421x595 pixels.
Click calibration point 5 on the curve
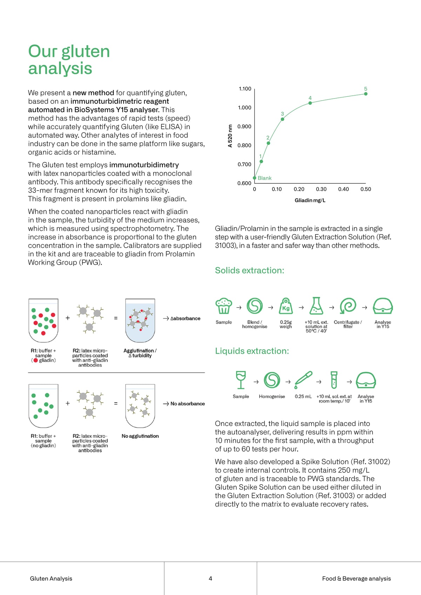click(366, 94)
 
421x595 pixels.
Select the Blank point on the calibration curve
click(255, 178)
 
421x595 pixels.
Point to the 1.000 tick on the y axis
click(244, 108)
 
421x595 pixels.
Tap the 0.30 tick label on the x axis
click(321, 189)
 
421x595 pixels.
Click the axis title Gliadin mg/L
click(310, 200)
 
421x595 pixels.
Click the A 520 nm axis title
click(230, 136)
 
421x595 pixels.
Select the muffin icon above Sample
click(224, 306)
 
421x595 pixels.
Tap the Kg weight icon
click(286, 306)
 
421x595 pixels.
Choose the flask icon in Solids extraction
click(316, 306)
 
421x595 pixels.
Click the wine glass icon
click(241, 380)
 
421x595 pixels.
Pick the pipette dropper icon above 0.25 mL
click(303, 380)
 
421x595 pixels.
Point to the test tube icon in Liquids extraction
click(334, 380)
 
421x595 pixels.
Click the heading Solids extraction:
click(249, 270)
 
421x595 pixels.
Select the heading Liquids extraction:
click(252, 351)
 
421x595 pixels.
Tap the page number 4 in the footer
click(210, 579)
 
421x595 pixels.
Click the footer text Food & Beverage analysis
click(356, 579)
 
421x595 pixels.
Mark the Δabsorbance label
click(185, 318)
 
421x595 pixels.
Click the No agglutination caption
click(140, 436)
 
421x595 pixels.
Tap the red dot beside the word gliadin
click(36, 360)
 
